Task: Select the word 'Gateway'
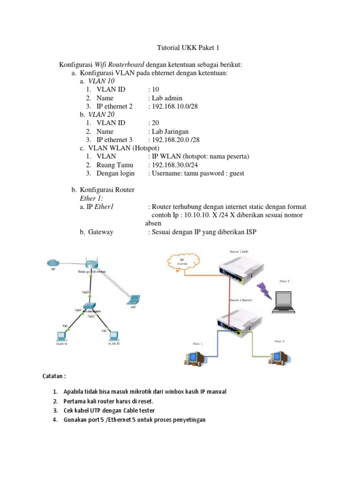coord(100,232)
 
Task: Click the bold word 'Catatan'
coord(54,376)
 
